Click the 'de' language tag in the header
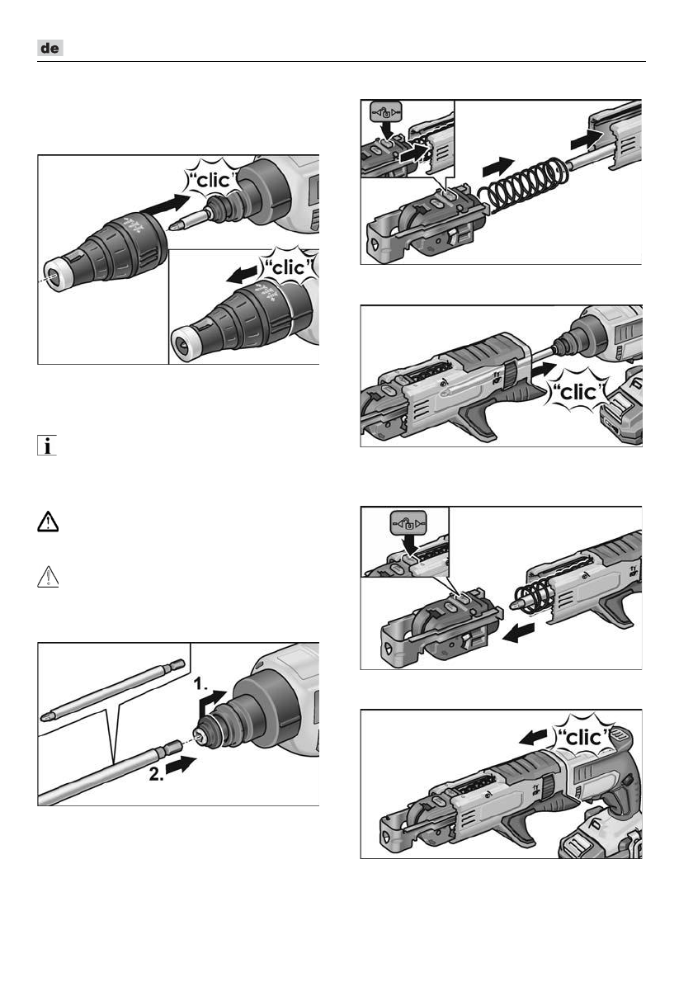(50, 48)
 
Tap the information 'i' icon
(47, 446)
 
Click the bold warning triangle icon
(48, 521)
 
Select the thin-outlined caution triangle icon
(48, 577)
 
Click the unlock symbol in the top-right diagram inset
(385, 113)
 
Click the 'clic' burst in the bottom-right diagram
(582, 737)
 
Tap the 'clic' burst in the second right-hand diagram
(577, 392)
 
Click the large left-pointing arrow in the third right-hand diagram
(520, 633)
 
